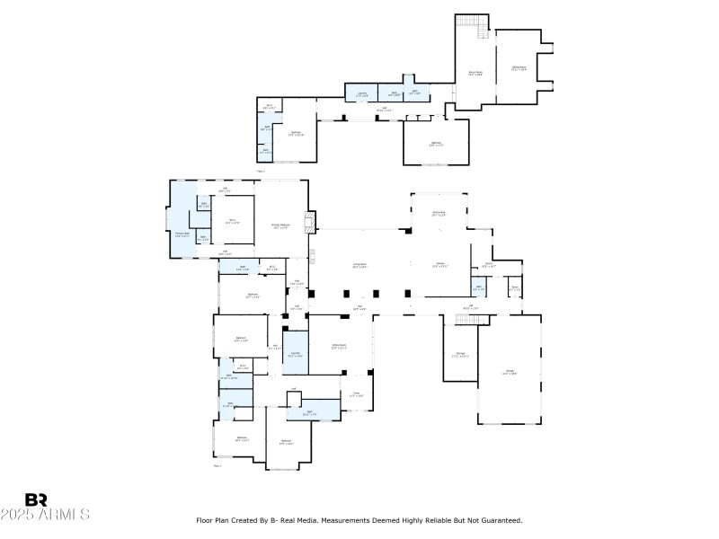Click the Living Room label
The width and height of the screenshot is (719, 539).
[x=359, y=266]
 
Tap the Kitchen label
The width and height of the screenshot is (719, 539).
[x=439, y=265]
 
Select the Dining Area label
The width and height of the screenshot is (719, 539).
[x=439, y=215]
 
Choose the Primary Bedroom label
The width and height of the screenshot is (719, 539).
[x=280, y=225]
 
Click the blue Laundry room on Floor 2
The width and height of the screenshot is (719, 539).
[x=360, y=92]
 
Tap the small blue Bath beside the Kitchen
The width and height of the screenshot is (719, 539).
[x=478, y=288]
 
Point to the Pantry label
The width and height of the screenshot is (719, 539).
[x=488, y=264]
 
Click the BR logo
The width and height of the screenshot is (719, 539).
[x=36, y=500]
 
